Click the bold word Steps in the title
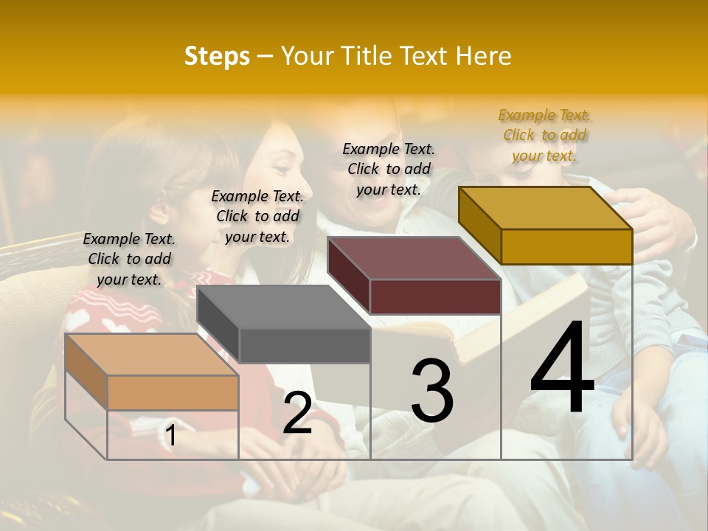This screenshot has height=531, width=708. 217,56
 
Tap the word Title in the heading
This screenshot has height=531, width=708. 367,56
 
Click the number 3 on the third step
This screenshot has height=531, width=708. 432,391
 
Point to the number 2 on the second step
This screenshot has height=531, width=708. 297,413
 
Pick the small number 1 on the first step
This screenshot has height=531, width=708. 171,436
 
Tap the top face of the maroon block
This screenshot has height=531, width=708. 414,258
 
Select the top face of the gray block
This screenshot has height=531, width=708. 283,306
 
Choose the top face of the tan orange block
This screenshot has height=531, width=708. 152,354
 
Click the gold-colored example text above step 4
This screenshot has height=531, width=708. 545,135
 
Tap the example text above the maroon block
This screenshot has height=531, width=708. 389,169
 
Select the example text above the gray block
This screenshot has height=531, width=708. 257,216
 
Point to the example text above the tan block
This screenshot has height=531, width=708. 129,259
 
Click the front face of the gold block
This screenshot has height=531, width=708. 566,246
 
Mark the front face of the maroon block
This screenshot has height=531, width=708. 435,297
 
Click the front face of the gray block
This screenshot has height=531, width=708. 304,346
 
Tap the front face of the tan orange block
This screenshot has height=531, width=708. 173,392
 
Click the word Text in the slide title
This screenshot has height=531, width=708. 423,56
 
